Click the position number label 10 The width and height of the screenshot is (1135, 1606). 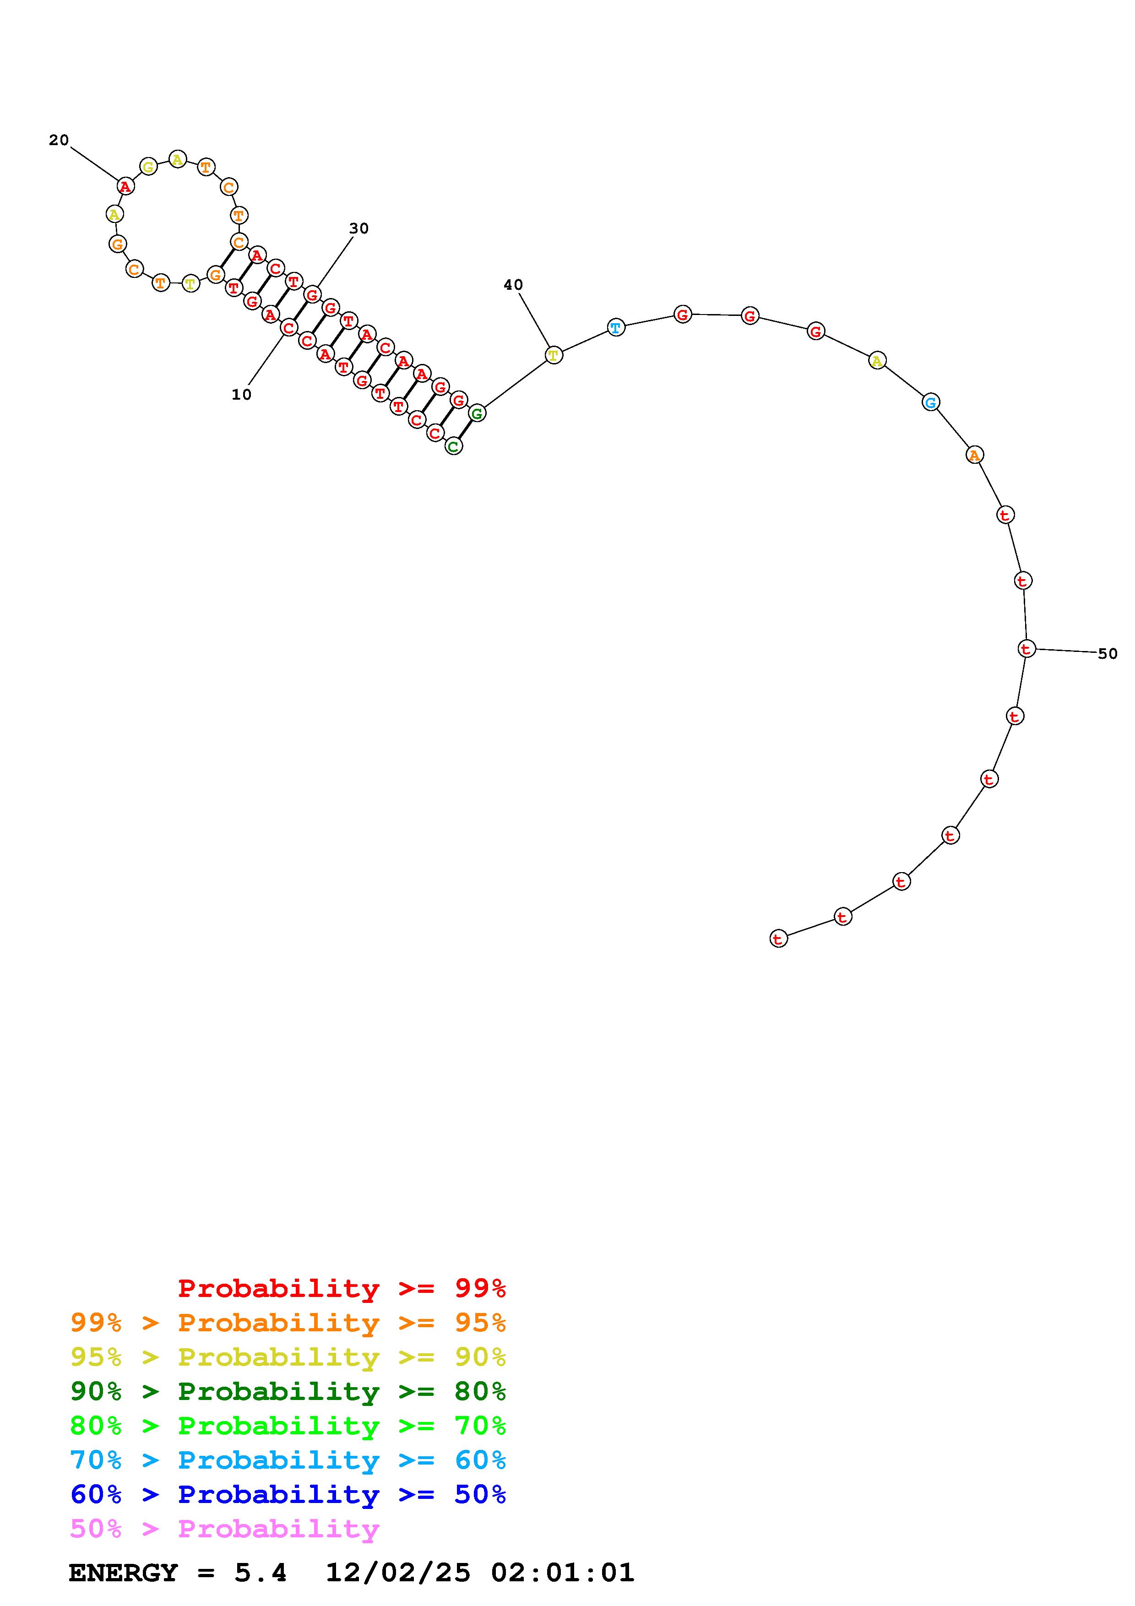(x=241, y=395)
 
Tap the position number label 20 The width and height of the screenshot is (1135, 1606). (x=59, y=140)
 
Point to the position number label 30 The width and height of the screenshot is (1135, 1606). (x=359, y=228)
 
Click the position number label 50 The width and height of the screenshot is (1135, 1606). (x=1108, y=653)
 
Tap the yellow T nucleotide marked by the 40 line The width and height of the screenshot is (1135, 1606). (x=553, y=355)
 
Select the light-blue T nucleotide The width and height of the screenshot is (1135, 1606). (x=615, y=327)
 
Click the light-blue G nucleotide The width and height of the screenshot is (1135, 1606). (x=930, y=402)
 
